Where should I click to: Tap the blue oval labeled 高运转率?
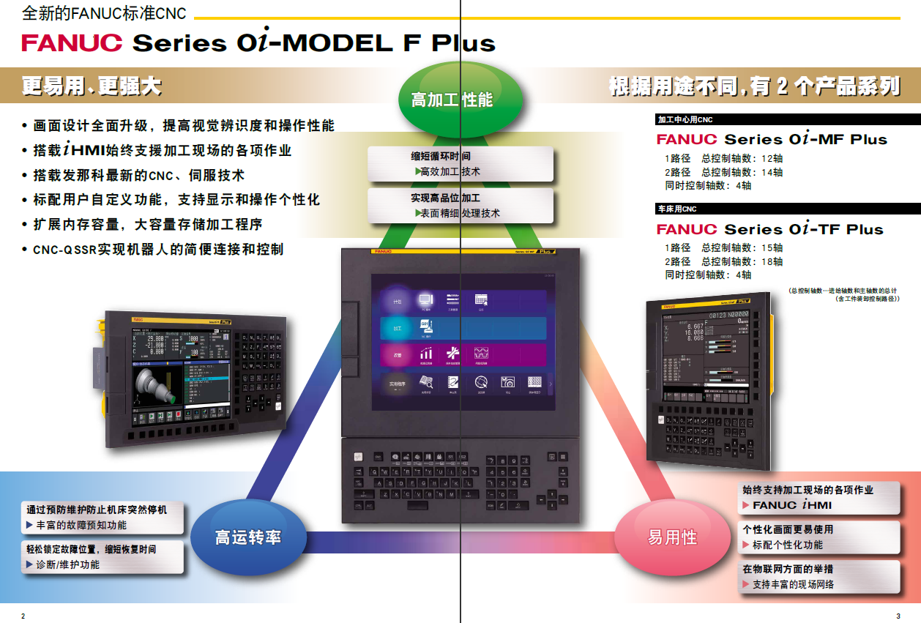point(248,537)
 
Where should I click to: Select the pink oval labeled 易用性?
point(672,537)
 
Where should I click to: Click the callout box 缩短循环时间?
point(461,164)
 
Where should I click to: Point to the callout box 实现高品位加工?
point(461,206)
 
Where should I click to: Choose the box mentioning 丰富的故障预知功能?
point(103,518)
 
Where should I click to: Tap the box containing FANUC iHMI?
point(819,497)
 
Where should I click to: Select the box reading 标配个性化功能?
point(819,537)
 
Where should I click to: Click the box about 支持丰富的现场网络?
point(819,577)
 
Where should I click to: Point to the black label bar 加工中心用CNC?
point(786,119)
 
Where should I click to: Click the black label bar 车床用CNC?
point(786,209)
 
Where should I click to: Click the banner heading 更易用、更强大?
point(92,86)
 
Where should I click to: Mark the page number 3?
point(898,616)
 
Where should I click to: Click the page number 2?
point(23,616)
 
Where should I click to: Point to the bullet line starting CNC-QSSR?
point(153,250)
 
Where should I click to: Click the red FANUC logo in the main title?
point(72,42)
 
